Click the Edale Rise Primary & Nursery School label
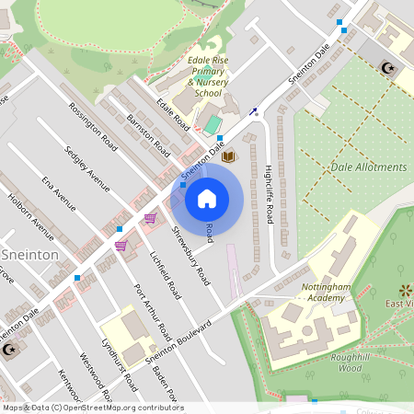[x=208, y=76]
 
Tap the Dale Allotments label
[x=367, y=167]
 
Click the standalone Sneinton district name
[x=30, y=253]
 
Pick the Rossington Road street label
[x=95, y=125]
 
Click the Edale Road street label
[x=173, y=113]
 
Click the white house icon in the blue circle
[x=207, y=198]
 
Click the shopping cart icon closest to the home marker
[x=149, y=218]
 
